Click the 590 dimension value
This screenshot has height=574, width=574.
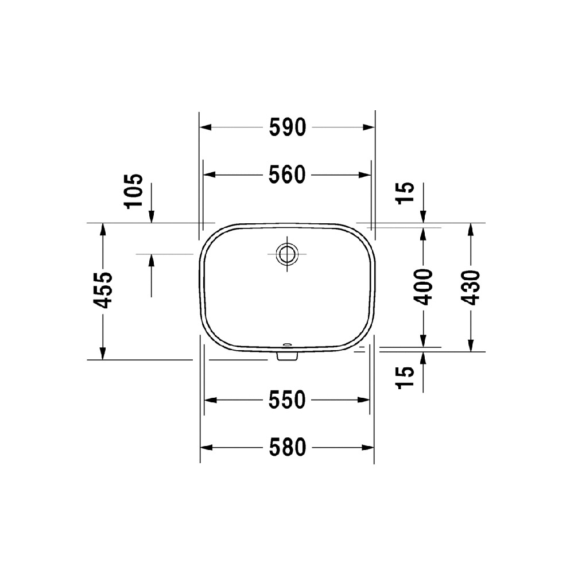(x=288, y=128)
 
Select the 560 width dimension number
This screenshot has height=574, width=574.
(x=288, y=174)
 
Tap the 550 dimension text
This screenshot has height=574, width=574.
(x=288, y=400)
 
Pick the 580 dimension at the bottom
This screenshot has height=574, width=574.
(x=288, y=447)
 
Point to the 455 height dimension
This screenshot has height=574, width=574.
(x=104, y=290)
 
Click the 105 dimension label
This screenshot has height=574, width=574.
(x=133, y=191)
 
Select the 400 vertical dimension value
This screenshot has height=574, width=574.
(x=424, y=286)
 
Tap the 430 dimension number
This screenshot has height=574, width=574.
(x=471, y=286)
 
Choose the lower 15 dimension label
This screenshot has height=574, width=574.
(x=405, y=378)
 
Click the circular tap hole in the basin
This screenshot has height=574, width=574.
(x=286, y=253)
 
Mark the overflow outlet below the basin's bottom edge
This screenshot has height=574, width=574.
(x=286, y=356)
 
